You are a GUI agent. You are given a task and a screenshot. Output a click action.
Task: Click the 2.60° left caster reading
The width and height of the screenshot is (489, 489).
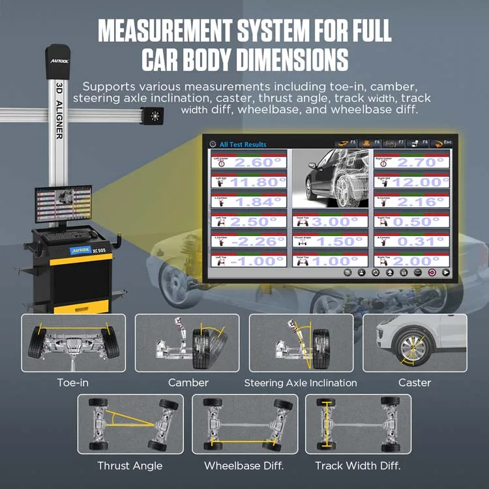point(257,163)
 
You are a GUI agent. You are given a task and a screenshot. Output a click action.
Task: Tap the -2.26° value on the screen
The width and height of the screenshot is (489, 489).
point(257,241)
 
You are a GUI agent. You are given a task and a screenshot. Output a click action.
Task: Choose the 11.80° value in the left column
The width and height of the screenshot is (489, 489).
point(257,183)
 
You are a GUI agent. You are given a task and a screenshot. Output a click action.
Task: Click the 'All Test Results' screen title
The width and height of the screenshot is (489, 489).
point(243,144)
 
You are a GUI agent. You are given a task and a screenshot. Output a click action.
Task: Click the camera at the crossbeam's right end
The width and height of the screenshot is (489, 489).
point(155,117)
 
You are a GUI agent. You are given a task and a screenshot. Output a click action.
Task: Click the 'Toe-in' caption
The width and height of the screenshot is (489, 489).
point(73,383)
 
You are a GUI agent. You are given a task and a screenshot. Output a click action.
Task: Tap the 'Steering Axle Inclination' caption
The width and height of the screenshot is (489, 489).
point(301,383)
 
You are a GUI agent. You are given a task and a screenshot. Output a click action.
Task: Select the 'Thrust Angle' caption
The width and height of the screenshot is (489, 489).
point(130,466)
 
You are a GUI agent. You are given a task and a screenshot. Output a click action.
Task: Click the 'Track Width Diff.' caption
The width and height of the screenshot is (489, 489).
point(357,466)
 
